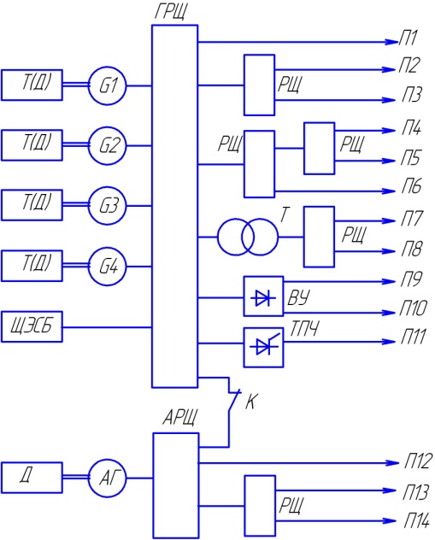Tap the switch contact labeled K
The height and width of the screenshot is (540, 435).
coord(232,401)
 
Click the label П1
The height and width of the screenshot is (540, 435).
coord(409,38)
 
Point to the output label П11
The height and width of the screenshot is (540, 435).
coord(414,337)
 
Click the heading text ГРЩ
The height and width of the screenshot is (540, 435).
coord(171,13)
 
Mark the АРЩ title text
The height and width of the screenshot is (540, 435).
coord(180,418)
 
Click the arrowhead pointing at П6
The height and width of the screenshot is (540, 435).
coord(389,191)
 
